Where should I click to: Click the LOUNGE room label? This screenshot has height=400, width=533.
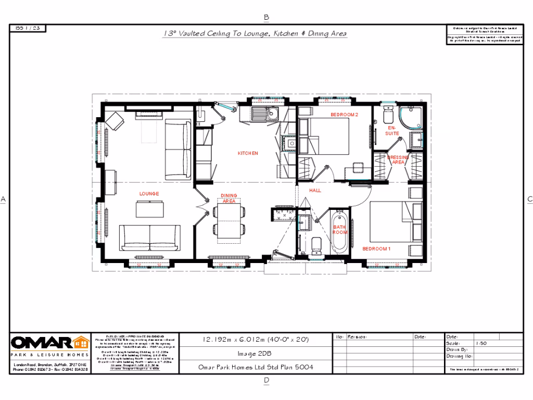point(149,194)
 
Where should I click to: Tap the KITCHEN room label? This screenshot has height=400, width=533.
point(248,153)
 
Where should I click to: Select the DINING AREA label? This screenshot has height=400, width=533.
point(229,198)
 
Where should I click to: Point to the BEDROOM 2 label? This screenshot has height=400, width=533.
point(345,115)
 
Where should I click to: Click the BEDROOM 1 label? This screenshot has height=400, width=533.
point(376,249)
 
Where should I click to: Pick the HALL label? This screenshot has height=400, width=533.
point(315,191)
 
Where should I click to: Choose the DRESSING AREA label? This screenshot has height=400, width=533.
point(398,159)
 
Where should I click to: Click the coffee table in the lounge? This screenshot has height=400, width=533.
point(149,209)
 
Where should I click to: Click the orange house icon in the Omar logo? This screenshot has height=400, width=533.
point(81,343)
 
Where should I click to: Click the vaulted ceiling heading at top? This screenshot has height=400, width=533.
point(255,33)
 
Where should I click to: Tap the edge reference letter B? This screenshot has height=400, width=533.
point(266,17)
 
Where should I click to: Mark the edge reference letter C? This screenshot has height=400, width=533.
point(530,199)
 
